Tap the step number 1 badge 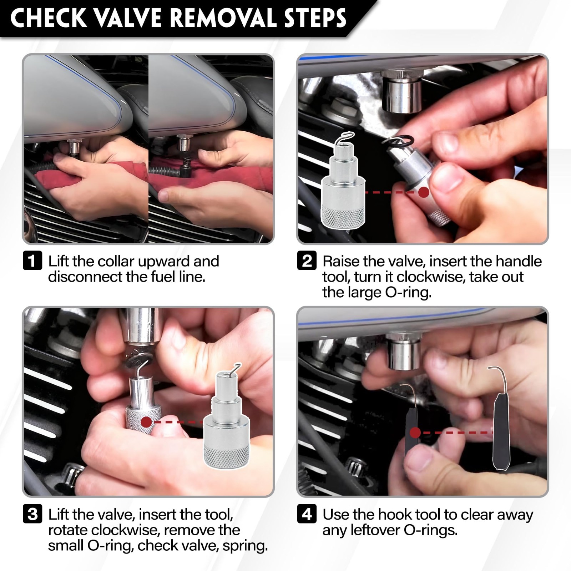click(x=32, y=261)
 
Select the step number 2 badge click(x=307, y=261)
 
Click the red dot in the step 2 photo click(x=424, y=192)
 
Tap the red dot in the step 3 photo click(x=146, y=422)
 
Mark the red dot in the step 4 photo click(x=415, y=433)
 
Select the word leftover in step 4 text click(x=374, y=530)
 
